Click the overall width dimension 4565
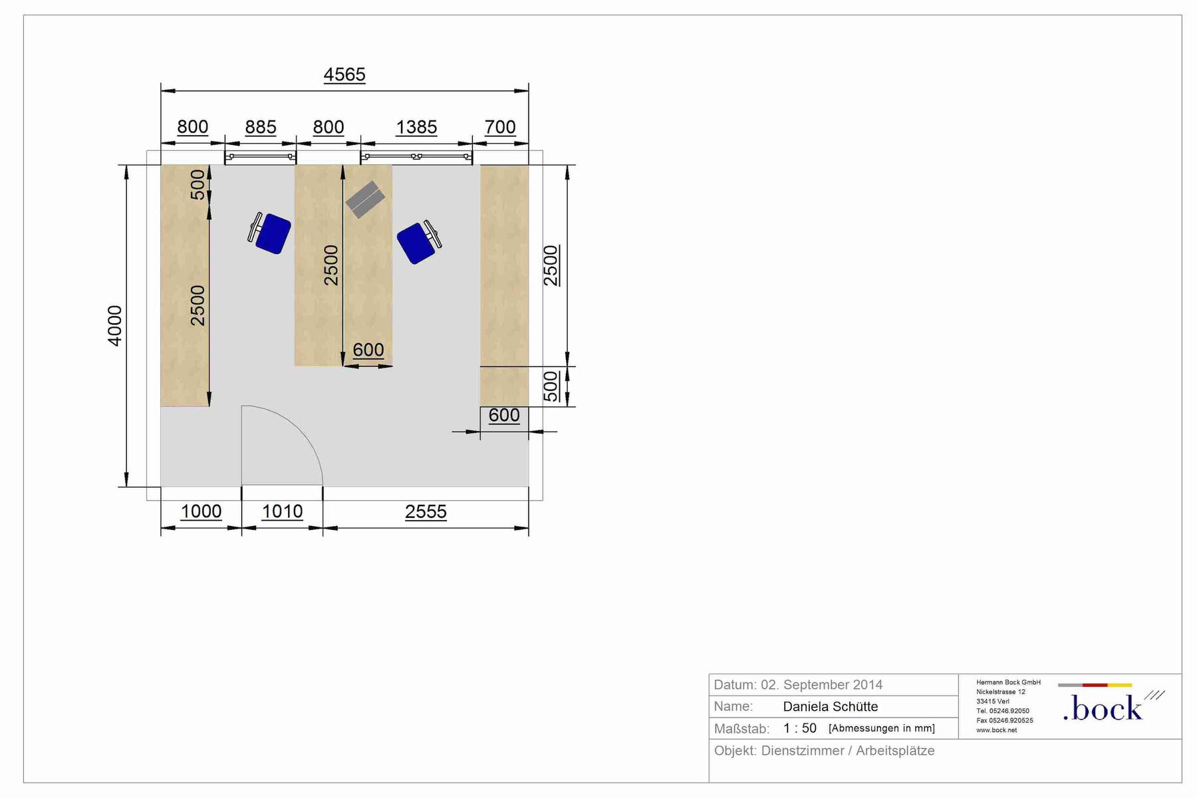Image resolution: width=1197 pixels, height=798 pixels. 344,74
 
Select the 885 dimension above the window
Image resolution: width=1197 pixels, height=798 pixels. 261,126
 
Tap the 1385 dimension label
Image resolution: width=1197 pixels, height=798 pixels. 416,126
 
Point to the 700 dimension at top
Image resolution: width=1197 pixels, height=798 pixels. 500,126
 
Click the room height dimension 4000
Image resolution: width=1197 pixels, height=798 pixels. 115,326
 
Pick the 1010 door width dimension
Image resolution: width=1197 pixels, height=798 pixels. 282,511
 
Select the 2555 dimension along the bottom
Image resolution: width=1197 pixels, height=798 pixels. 426,511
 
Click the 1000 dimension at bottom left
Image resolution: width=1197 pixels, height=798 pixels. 201,511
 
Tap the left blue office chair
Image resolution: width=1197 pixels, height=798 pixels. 270,233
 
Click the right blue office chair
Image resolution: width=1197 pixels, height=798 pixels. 419,242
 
